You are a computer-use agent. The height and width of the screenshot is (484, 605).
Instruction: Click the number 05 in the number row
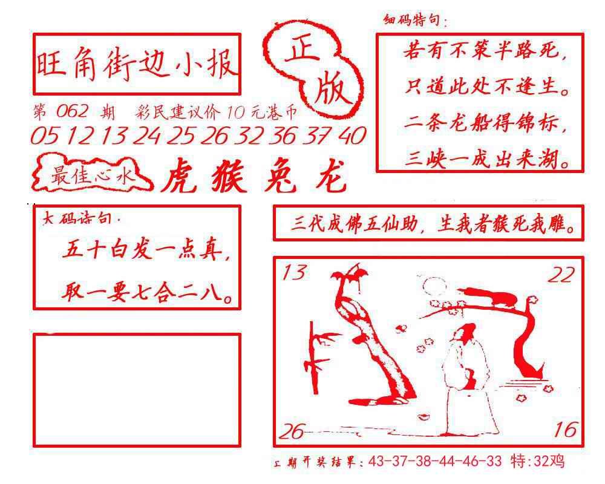(x=44, y=136)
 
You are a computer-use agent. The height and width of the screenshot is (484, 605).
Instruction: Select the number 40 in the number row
(x=352, y=136)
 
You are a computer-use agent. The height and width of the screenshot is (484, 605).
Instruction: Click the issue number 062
(x=72, y=112)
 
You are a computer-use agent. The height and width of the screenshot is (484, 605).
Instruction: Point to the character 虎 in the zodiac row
(x=180, y=177)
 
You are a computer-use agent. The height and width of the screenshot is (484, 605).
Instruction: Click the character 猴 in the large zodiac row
(x=229, y=177)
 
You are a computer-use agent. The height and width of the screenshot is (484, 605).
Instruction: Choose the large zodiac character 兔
(x=281, y=177)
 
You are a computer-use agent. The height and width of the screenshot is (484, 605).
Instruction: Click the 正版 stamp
(x=313, y=70)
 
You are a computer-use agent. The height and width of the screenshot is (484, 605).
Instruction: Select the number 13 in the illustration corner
(x=294, y=272)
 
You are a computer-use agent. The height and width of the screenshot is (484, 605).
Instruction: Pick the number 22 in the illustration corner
(x=561, y=275)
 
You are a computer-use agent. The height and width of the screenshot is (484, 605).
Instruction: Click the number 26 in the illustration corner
(x=292, y=431)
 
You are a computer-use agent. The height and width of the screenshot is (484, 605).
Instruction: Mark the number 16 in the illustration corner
(x=566, y=430)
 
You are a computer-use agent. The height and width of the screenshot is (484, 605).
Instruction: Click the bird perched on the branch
(x=490, y=296)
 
